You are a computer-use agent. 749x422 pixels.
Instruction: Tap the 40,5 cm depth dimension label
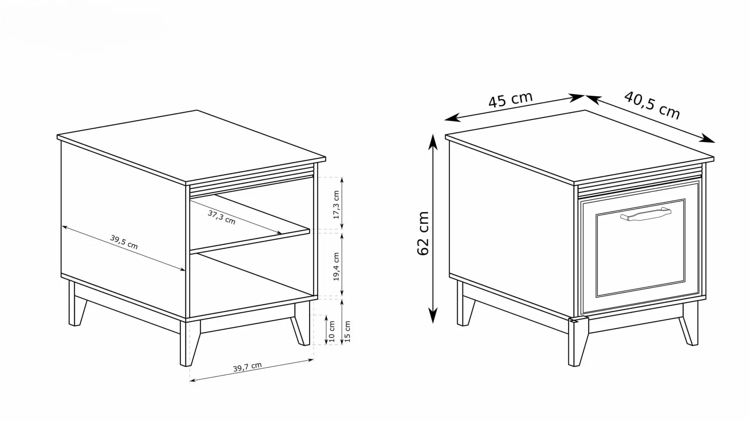[652, 105]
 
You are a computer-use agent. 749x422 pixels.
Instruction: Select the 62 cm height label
[423, 233]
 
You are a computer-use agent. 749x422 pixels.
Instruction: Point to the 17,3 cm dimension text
[336, 205]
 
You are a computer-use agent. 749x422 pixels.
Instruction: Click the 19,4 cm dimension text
[336, 267]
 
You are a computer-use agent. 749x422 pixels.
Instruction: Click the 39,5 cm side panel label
[124, 242]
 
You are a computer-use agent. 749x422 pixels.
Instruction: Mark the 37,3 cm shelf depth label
[222, 217]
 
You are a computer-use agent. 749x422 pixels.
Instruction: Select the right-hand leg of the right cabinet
[689, 324]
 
